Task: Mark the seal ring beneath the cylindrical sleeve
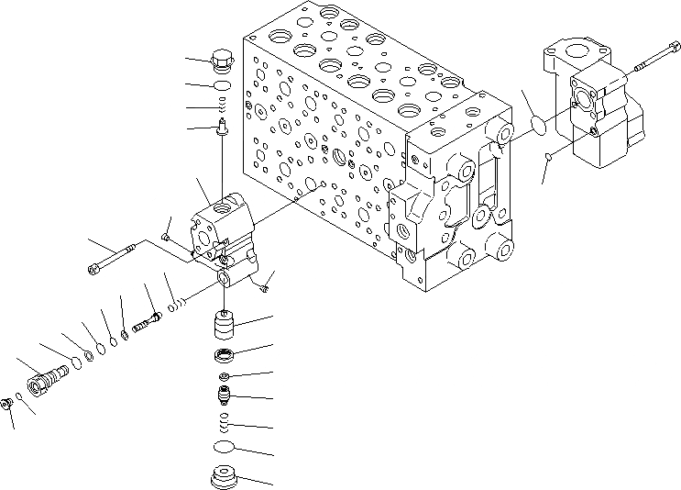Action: point(225,355)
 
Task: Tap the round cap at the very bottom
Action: point(223,478)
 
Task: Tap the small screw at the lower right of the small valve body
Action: point(264,284)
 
